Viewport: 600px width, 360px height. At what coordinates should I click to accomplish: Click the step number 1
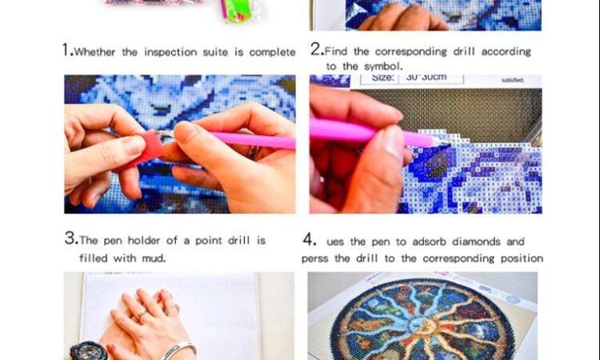click(66, 50)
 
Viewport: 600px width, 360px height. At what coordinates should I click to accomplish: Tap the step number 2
click(316, 49)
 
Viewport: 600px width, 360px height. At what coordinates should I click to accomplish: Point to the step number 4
click(309, 240)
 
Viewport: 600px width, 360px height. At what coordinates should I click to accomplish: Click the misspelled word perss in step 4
click(315, 258)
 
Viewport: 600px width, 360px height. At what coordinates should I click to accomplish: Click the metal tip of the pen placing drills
click(442, 142)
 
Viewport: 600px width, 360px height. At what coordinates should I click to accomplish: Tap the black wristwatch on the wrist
click(88, 351)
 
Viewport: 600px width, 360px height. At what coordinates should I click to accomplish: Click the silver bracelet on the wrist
click(178, 350)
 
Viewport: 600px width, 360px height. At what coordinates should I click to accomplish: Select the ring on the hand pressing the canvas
click(142, 314)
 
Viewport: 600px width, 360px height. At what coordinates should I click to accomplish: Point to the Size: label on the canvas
click(382, 78)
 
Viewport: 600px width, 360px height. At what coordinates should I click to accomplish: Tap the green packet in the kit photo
click(236, 11)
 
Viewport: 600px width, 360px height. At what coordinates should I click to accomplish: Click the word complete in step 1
click(272, 52)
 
